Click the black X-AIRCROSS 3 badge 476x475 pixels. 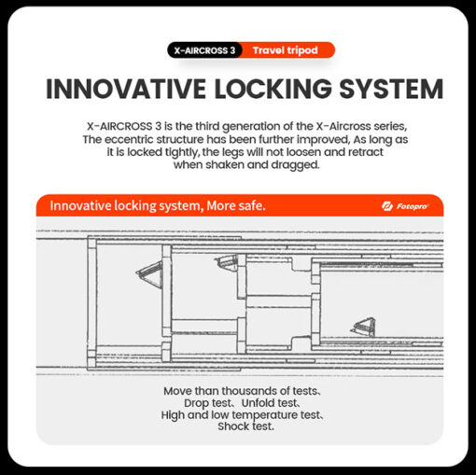(x=204, y=50)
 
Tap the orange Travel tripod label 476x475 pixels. (x=286, y=50)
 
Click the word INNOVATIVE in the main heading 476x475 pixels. (x=126, y=89)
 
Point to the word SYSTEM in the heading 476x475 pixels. (x=391, y=89)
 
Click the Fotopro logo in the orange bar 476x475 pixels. (x=405, y=206)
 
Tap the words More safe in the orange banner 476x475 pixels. (x=236, y=205)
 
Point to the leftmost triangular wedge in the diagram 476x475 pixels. (x=149, y=274)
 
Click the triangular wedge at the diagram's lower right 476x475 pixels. (x=363, y=327)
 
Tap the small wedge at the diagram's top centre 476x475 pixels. (x=227, y=262)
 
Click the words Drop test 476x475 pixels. (x=208, y=403)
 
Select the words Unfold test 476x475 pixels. (x=270, y=403)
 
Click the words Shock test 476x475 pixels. (x=245, y=426)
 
